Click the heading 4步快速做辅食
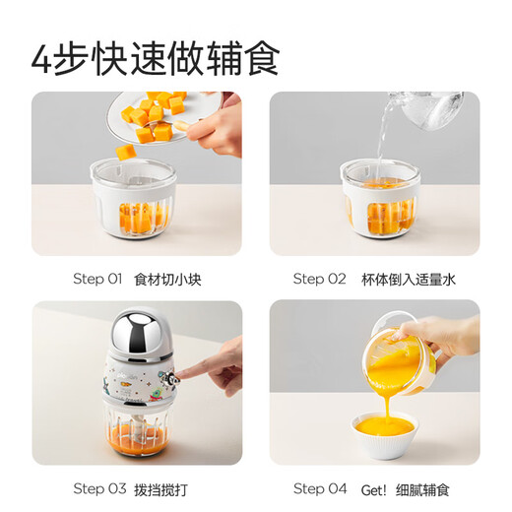156,56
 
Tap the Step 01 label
96,279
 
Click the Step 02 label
320,279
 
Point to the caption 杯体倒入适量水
409,279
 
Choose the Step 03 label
97,488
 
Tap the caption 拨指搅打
162,488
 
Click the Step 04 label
320,488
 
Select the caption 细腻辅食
424,488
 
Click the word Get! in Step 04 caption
375,488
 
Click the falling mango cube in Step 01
126,153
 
